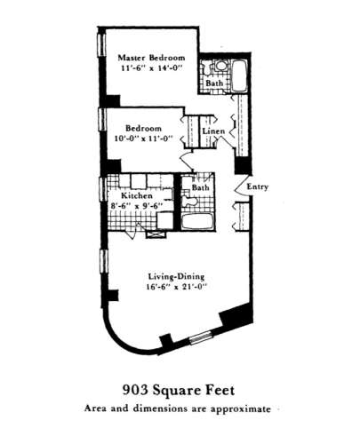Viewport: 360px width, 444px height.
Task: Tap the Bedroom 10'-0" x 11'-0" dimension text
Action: pos(143,139)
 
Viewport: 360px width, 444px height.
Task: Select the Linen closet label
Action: pos(213,131)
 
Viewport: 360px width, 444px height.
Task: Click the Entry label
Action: pos(258,186)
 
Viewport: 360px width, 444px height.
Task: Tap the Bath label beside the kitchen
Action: pos(201,187)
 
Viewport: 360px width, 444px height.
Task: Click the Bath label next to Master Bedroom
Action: pos(214,83)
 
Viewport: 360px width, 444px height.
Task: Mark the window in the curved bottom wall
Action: pos(200,337)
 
